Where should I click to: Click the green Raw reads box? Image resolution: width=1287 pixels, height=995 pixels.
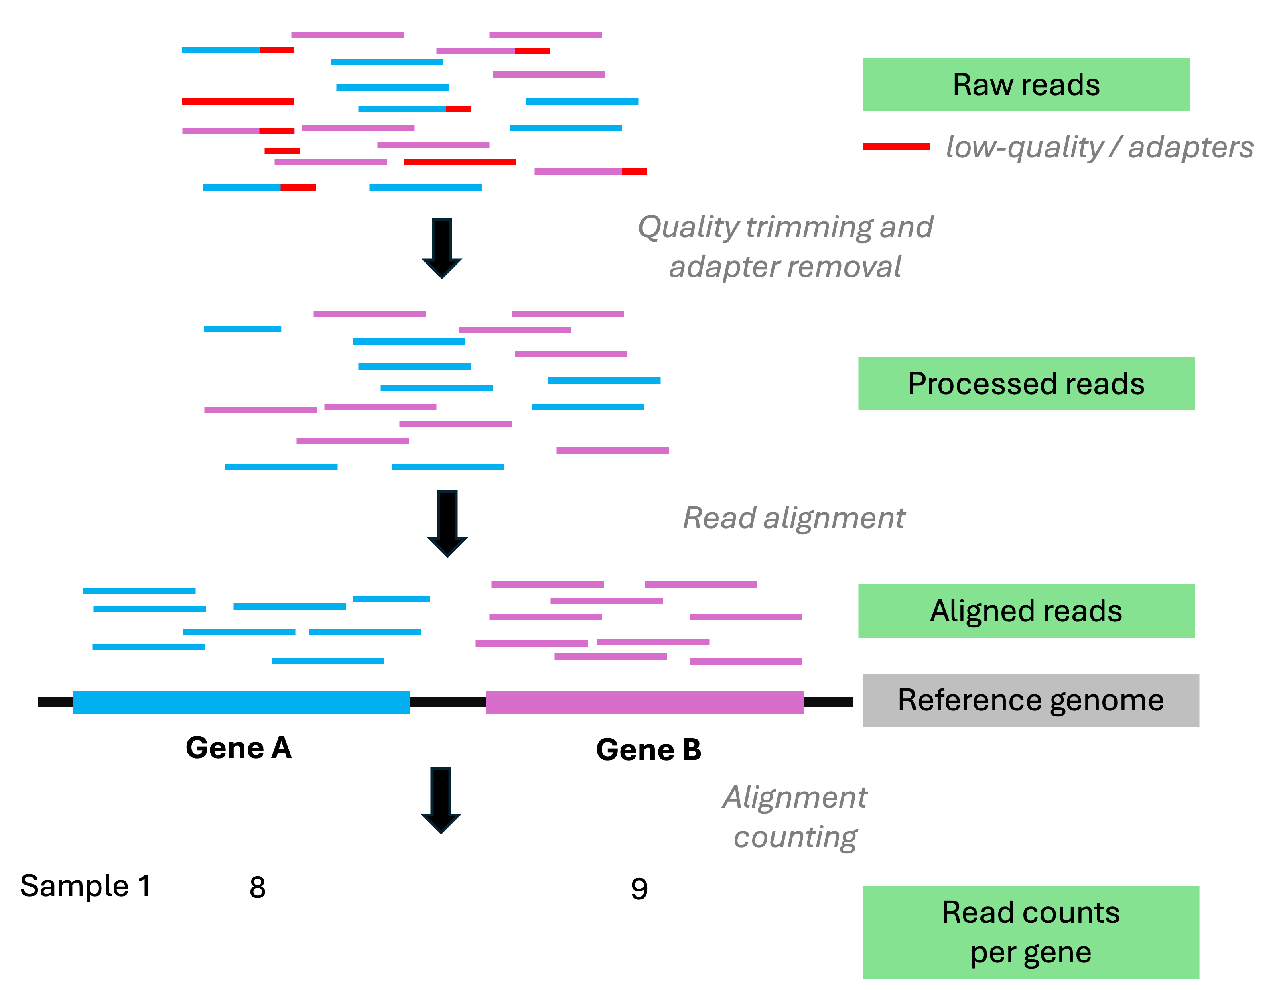(x=1025, y=84)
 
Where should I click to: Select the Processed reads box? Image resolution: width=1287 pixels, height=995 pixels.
(x=1025, y=383)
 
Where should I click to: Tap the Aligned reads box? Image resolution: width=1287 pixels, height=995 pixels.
(x=1025, y=610)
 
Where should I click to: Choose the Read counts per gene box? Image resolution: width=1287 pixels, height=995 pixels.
(x=1030, y=932)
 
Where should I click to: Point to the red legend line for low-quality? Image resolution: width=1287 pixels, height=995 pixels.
(x=896, y=146)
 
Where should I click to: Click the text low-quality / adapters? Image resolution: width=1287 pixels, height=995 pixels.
(x=1099, y=147)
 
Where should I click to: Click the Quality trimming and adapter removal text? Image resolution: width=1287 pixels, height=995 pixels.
(x=785, y=246)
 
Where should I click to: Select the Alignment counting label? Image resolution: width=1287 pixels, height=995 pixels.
(x=794, y=816)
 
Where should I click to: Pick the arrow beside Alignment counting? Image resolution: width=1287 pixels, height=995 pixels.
(x=441, y=800)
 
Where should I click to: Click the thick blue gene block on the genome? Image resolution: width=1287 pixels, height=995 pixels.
(x=242, y=702)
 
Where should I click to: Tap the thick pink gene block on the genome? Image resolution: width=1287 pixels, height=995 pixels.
(x=645, y=702)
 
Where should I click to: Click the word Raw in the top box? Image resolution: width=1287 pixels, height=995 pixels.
(x=983, y=85)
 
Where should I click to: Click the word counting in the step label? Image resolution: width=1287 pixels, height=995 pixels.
(x=794, y=837)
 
